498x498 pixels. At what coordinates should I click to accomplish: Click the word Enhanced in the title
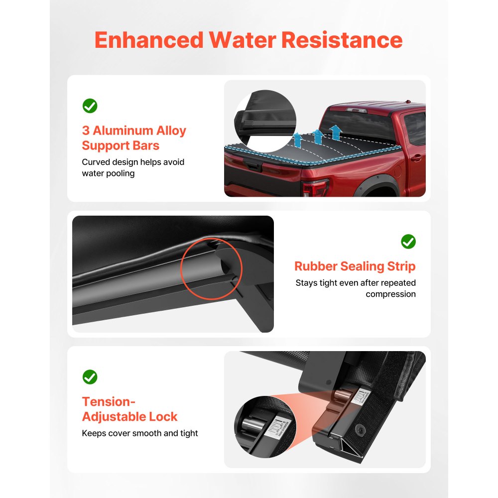148,40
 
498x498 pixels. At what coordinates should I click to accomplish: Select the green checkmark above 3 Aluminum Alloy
90,106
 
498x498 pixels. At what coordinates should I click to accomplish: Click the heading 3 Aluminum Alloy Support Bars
133,138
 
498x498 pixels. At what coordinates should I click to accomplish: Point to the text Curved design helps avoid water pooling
133,168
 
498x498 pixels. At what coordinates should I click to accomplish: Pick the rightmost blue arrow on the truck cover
335,132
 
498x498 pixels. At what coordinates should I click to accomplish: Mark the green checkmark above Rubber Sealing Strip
408,242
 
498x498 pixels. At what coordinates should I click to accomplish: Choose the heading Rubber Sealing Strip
355,266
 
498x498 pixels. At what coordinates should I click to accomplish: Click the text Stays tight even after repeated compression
356,288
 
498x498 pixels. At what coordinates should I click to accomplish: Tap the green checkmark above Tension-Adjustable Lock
90,376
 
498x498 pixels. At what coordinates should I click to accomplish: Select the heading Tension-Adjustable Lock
129,409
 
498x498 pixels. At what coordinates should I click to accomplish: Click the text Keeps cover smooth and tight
139,433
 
